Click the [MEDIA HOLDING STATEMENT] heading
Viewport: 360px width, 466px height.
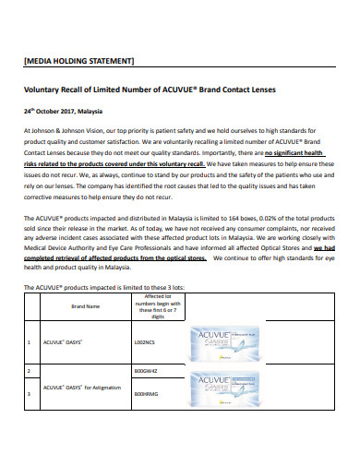point(78,61)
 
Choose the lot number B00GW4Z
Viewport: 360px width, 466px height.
point(146,370)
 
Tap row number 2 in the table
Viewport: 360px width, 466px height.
point(30,370)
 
